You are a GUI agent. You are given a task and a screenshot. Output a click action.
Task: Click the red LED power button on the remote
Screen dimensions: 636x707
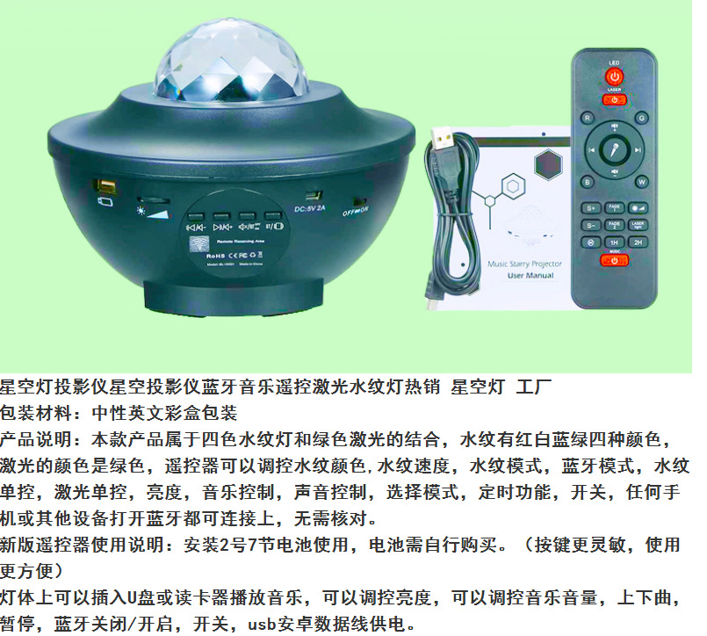click(614, 76)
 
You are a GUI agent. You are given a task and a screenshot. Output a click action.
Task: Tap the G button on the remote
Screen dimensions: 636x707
click(641, 117)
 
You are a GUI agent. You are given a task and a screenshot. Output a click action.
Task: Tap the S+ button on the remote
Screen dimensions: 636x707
click(591, 208)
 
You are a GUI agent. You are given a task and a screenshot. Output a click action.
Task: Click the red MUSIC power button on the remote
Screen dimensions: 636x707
click(615, 259)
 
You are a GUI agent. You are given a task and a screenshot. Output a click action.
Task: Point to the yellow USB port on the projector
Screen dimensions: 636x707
click(106, 187)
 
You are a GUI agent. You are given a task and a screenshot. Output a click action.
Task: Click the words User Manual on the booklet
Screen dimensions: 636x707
click(530, 275)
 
